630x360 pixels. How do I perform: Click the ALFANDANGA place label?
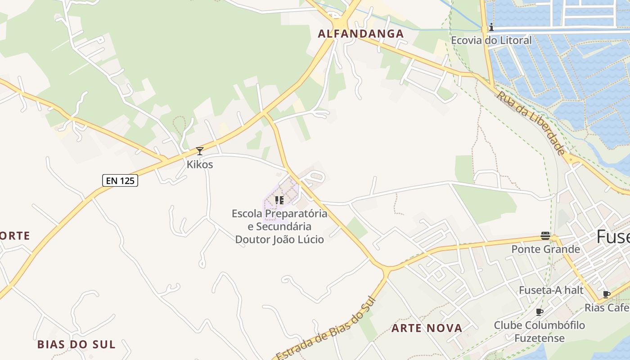pyautogui.click(x=361, y=34)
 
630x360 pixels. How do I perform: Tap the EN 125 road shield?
pyautogui.click(x=120, y=181)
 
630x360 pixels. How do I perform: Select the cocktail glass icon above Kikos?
pyautogui.click(x=200, y=151)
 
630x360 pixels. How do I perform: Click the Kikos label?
pyautogui.click(x=200, y=165)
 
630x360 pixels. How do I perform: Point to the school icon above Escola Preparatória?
pyautogui.click(x=279, y=200)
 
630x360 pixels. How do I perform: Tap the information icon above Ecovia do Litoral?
pyautogui.click(x=491, y=27)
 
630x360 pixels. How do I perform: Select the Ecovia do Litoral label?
pyautogui.click(x=491, y=40)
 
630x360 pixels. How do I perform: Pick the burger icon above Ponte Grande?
pyautogui.click(x=545, y=236)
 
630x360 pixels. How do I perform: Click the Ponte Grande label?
pyautogui.click(x=545, y=249)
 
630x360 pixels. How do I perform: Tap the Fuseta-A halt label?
pyautogui.click(x=551, y=290)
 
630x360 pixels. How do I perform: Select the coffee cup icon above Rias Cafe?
pyautogui.click(x=607, y=295)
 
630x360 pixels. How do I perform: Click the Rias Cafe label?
pyautogui.click(x=607, y=308)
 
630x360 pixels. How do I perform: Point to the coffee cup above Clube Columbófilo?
pyautogui.click(x=540, y=312)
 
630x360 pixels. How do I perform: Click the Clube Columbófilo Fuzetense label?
pyautogui.click(x=540, y=331)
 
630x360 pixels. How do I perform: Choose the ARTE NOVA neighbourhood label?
pyautogui.click(x=427, y=328)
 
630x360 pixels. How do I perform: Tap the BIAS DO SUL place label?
pyautogui.click(x=76, y=345)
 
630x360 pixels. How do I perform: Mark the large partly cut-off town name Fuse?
pyautogui.click(x=613, y=237)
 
